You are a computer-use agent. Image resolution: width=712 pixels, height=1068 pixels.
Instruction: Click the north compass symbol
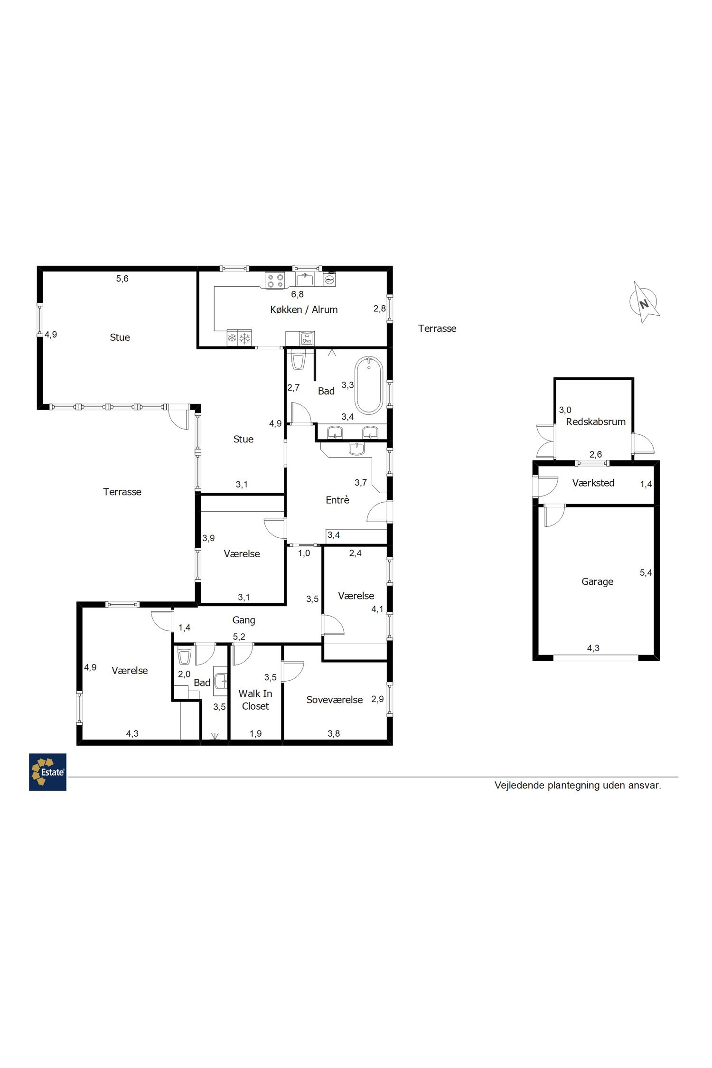(644, 302)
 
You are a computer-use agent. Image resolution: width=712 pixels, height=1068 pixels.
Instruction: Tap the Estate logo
(47, 772)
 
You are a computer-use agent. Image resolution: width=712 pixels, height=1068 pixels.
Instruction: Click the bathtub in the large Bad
(369, 385)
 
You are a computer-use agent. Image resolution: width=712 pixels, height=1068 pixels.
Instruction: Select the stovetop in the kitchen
(275, 280)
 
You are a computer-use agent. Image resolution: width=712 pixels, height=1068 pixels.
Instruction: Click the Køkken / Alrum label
(304, 309)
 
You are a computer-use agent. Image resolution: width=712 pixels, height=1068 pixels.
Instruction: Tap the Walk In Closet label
(255, 700)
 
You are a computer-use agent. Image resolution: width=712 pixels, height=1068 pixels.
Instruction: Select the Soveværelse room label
(334, 700)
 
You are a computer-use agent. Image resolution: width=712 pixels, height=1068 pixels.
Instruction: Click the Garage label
(597, 581)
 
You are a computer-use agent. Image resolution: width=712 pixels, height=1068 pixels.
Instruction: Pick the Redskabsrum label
(596, 422)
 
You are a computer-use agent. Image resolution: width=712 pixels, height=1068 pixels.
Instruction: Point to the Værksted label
(593, 483)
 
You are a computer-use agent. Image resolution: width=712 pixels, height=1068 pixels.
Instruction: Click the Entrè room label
(337, 500)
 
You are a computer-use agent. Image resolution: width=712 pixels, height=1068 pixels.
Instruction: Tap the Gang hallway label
(244, 620)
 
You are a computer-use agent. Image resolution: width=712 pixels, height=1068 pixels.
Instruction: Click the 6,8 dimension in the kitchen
(297, 294)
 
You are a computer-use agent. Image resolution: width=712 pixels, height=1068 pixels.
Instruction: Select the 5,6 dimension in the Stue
(122, 279)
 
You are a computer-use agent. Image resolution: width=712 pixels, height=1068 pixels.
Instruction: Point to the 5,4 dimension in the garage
(646, 573)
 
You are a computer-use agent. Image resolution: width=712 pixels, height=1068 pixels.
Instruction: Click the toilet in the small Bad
(184, 656)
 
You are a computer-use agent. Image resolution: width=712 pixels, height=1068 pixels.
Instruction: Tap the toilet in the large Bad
(298, 361)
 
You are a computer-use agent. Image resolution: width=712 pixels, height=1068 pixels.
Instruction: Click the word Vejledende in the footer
(519, 785)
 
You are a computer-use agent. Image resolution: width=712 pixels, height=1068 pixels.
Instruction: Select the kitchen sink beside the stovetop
(304, 280)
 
